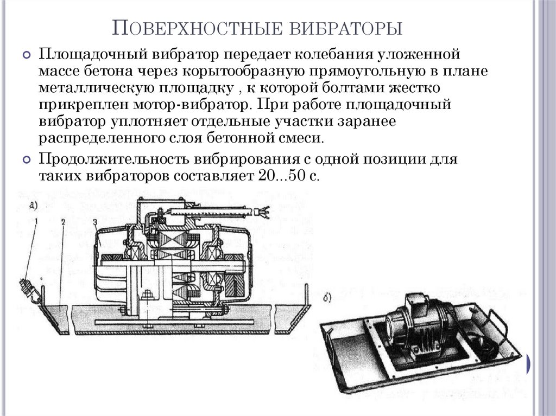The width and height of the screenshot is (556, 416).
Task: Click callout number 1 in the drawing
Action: click(x=36, y=221)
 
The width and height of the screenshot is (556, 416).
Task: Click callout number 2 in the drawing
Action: click(x=64, y=221)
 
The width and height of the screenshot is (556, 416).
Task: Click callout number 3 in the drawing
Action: click(x=94, y=221)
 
